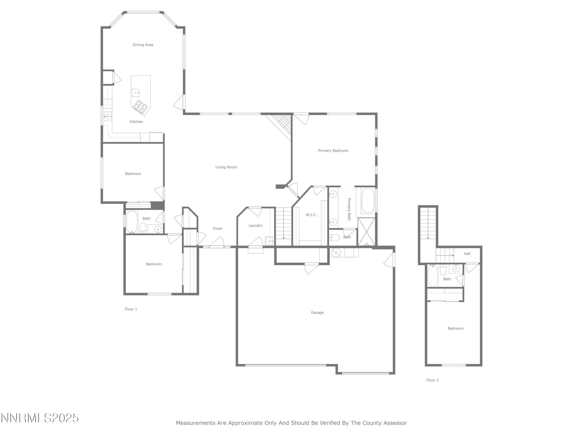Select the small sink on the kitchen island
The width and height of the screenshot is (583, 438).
(135, 93)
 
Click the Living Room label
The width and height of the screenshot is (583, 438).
(226, 167)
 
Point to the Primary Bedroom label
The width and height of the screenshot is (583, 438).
(333, 151)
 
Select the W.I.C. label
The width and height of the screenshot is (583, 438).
(311, 215)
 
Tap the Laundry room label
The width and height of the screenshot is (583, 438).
(255, 225)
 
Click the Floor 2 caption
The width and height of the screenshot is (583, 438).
(433, 380)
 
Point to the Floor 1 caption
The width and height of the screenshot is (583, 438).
(131, 309)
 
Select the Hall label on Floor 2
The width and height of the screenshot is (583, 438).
(467, 254)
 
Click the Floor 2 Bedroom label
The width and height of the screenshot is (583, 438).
(456, 328)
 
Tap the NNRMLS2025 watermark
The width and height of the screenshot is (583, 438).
(40, 418)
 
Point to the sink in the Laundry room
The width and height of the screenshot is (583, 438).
(269, 241)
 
